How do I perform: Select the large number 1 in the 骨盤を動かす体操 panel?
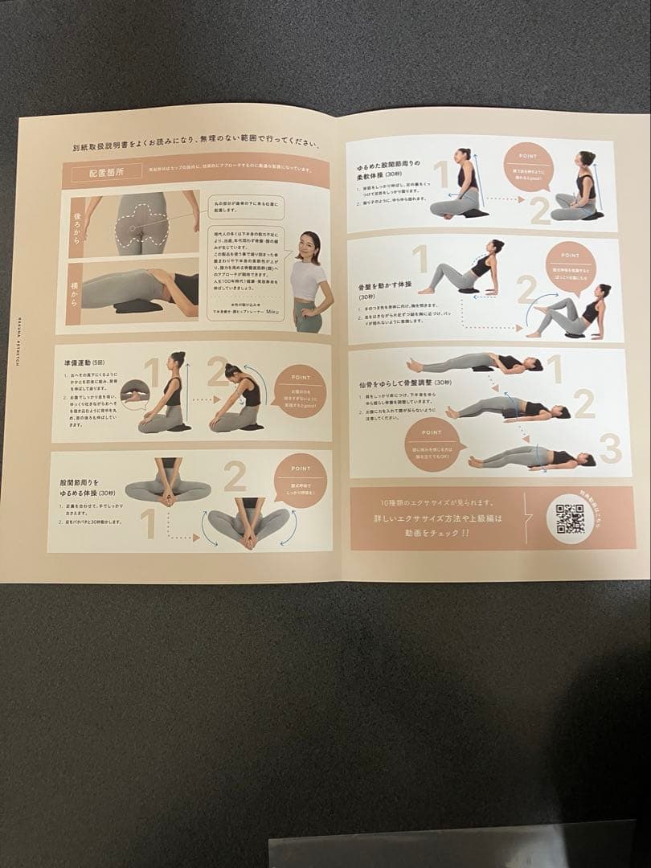point(420,261)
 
